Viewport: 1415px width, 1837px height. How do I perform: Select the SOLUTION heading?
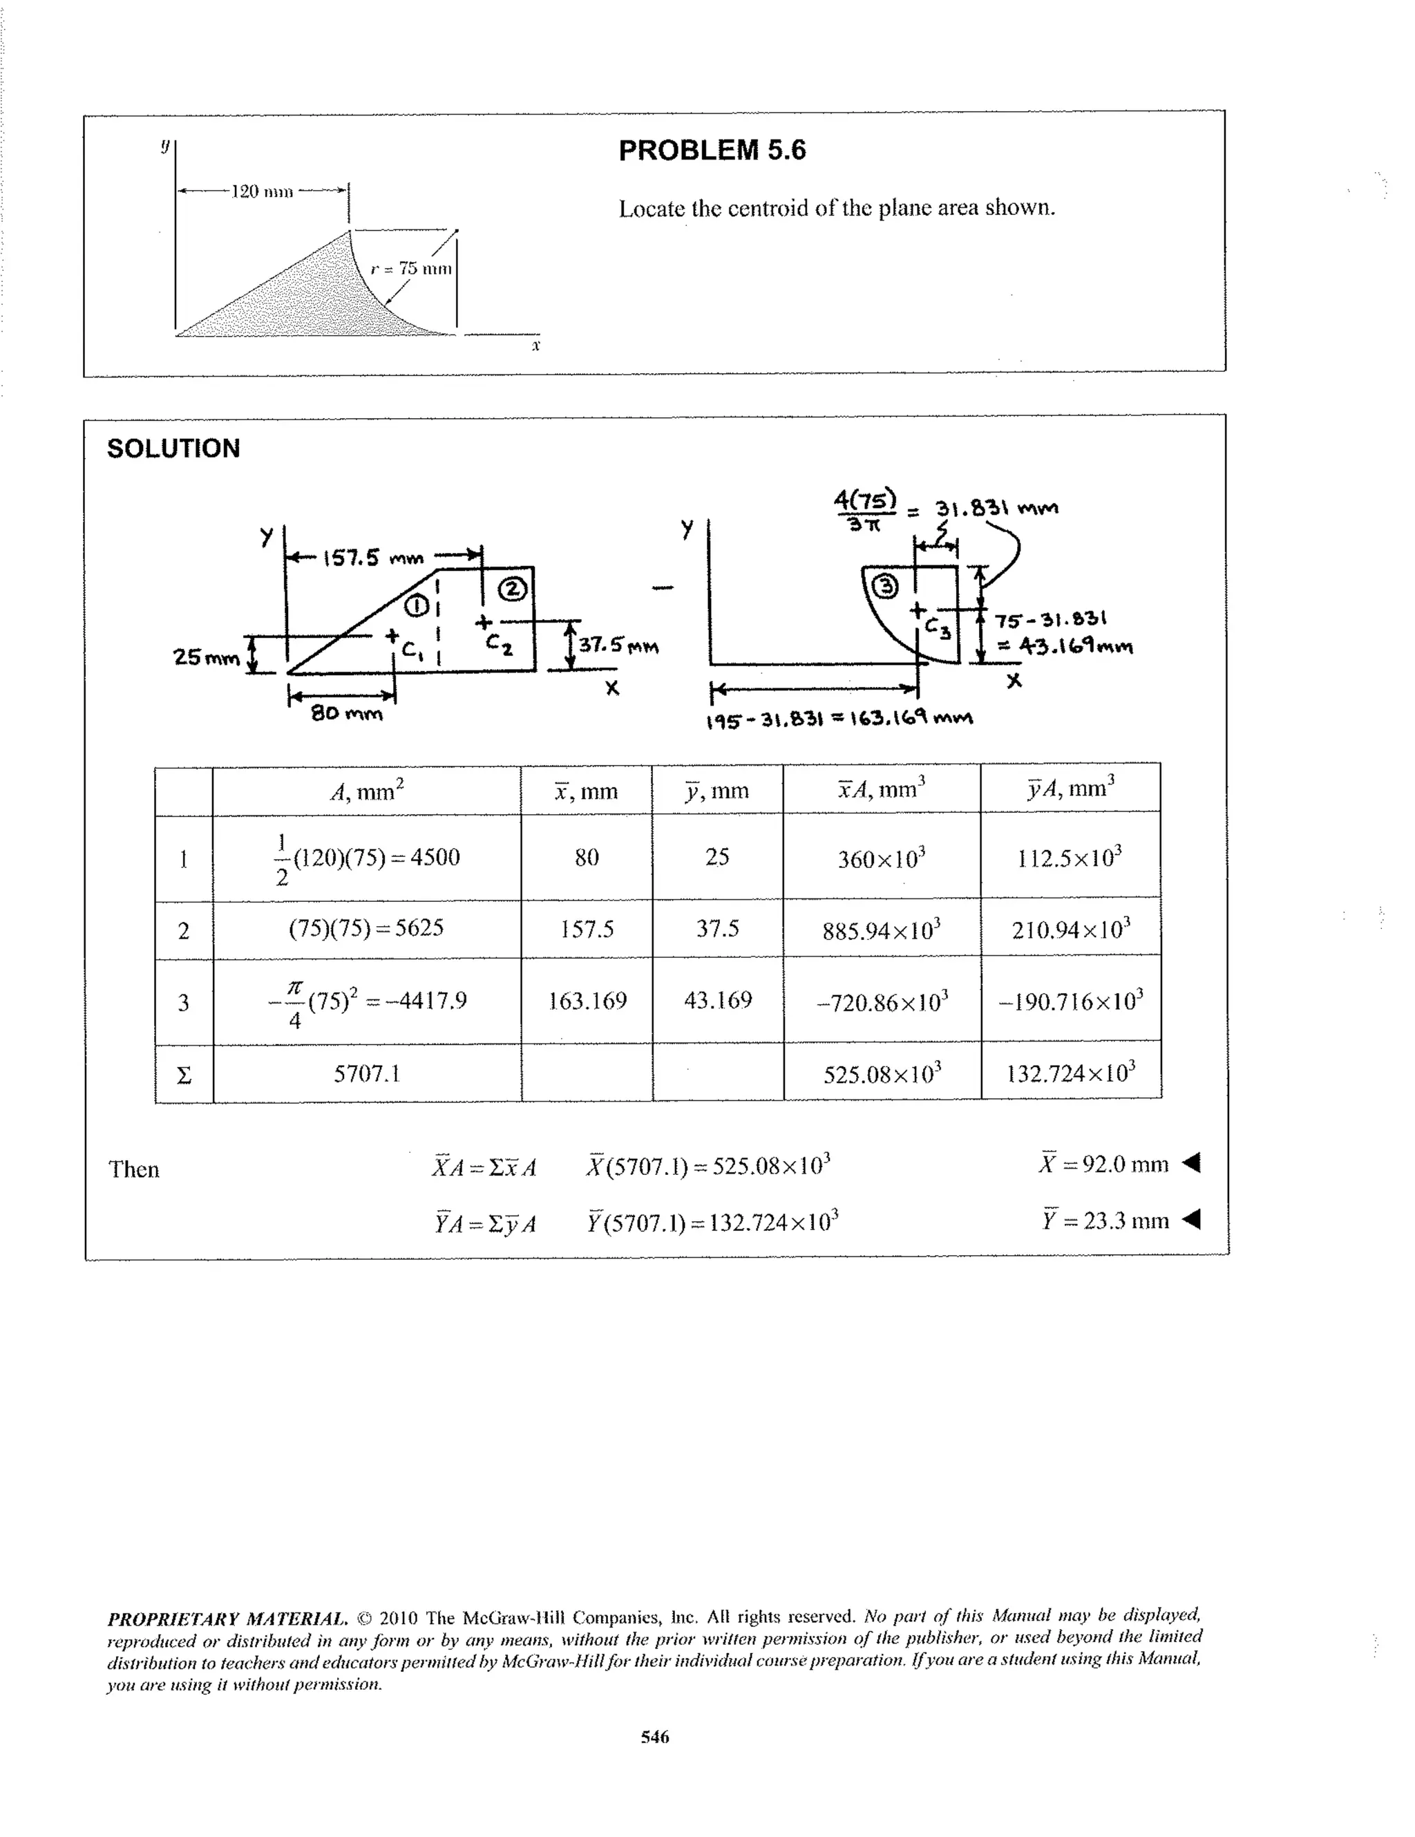(x=173, y=449)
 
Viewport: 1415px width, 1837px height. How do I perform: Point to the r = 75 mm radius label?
(x=411, y=268)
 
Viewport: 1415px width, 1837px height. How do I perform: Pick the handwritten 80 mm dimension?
(x=345, y=714)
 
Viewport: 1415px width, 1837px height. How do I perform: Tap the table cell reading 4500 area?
(x=368, y=858)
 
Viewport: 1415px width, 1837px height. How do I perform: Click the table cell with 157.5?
(x=587, y=929)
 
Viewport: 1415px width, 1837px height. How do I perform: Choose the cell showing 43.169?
(x=717, y=1000)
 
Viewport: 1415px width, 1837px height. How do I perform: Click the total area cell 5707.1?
(x=367, y=1073)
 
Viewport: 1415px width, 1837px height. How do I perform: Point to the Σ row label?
(x=183, y=1074)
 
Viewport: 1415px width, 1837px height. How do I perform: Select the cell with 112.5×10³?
(x=1070, y=858)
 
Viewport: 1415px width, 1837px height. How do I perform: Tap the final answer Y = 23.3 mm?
(x=1105, y=1220)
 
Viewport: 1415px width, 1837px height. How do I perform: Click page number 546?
(x=655, y=1737)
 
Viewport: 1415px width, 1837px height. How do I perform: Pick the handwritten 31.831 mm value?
(x=996, y=509)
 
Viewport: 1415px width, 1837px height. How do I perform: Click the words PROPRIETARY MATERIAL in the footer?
(x=227, y=1619)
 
